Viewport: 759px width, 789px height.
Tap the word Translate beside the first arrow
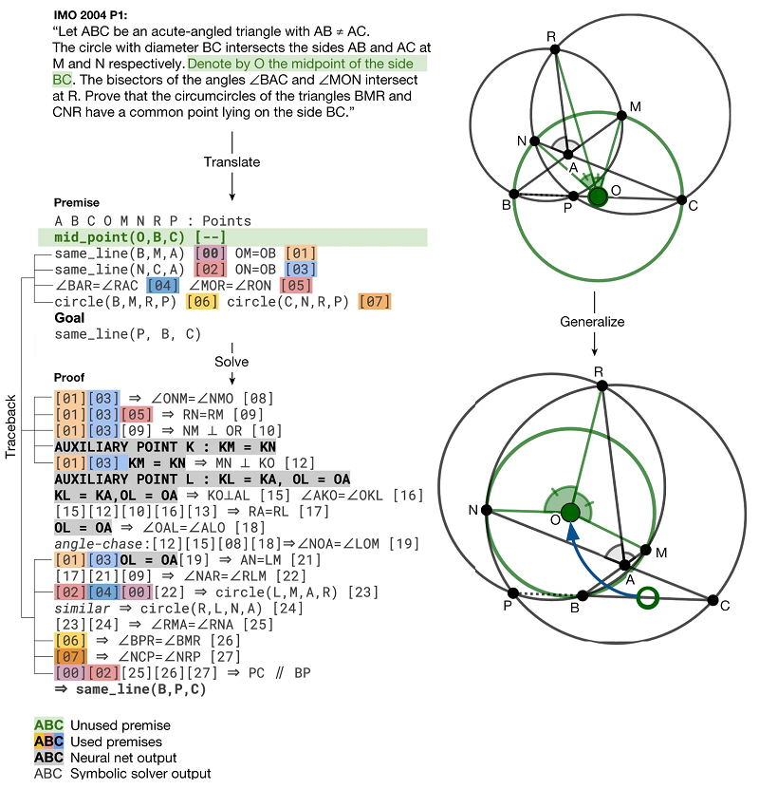(231, 162)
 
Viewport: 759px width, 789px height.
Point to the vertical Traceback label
(10, 426)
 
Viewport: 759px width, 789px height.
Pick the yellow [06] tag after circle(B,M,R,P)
(202, 302)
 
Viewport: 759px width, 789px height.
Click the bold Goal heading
(70, 319)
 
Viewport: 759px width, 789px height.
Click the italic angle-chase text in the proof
(99, 543)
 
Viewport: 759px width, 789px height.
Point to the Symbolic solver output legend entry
(123, 773)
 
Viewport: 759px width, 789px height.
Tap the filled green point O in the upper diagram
(598, 197)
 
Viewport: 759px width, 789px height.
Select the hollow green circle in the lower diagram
(647, 598)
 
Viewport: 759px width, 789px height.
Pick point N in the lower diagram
(487, 510)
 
